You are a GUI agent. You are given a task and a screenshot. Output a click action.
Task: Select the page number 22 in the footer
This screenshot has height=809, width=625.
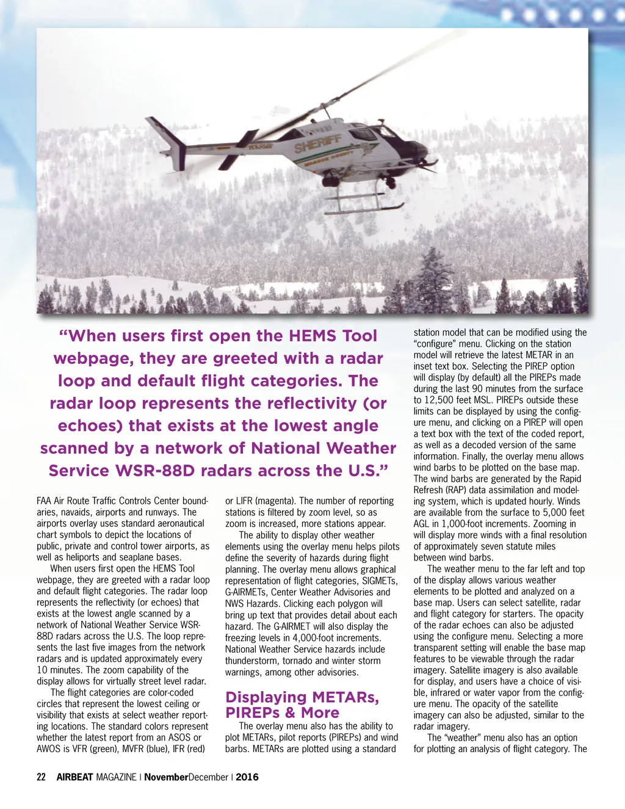[x=42, y=777]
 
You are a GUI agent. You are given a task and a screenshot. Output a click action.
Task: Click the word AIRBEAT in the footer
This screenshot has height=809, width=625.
[x=74, y=777]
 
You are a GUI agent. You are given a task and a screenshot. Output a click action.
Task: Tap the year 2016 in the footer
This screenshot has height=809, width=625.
[x=247, y=777]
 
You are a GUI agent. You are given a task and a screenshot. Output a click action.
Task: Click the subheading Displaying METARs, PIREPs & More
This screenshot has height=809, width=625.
[x=302, y=705]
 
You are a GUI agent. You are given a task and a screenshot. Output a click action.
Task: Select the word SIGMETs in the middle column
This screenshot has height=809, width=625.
[x=380, y=581]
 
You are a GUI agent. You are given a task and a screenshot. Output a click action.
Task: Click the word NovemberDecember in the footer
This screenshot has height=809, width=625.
[x=186, y=777]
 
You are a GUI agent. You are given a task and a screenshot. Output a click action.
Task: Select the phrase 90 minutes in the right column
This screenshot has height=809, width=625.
[x=496, y=389]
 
